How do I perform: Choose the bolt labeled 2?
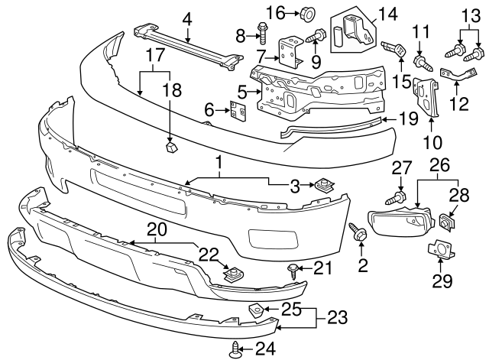tap(358, 232)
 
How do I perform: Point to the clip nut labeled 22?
tap(228, 271)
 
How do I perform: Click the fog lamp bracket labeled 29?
tap(440, 251)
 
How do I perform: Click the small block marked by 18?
tap(170, 144)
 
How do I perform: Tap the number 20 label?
tap(157, 228)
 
